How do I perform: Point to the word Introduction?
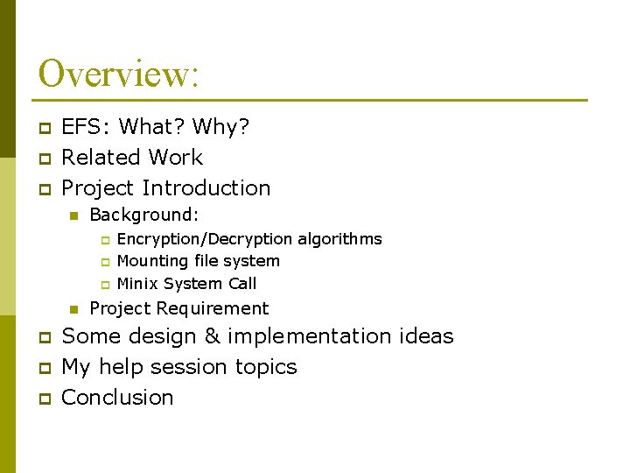(206, 188)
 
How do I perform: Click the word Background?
(144, 215)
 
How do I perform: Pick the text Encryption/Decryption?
(205, 239)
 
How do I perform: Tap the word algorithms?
(339, 239)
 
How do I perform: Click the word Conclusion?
(117, 398)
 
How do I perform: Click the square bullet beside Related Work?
(44, 159)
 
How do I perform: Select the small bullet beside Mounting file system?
(103, 262)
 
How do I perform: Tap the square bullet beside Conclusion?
(44, 399)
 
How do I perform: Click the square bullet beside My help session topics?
(44, 368)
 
